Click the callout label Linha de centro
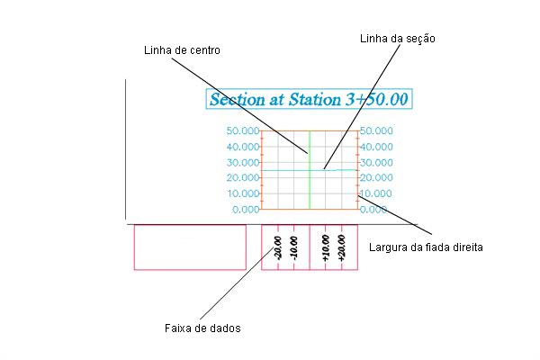(182, 50)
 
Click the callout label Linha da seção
(398, 38)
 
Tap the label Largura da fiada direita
(426, 247)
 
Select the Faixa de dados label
(202, 328)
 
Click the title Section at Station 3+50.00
(309, 99)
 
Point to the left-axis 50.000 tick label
(242, 130)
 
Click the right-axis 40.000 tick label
(376, 147)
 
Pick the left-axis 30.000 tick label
(242, 162)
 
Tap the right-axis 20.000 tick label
(376, 178)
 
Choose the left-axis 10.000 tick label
(243, 193)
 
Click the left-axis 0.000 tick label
(246, 210)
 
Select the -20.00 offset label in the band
(277, 247)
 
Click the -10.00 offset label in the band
(293, 247)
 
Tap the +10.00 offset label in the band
(326, 247)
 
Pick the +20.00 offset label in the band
(341, 247)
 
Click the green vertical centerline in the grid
(310, 170)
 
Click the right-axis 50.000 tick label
(376, 130)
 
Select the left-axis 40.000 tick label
(242, 147)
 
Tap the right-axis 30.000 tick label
(376, 162)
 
